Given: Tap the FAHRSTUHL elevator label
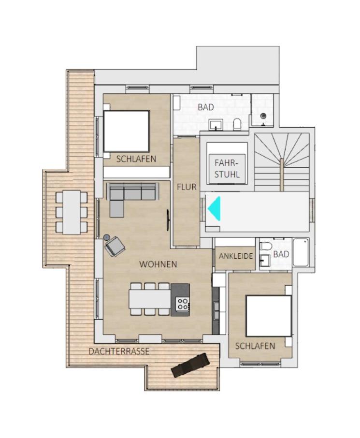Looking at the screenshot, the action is [x=227, y=168].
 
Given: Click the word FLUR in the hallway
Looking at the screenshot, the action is [x=187, y=187].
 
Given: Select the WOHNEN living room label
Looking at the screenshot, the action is [x=158, y=264].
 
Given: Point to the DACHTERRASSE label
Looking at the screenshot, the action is [x=119, y=351].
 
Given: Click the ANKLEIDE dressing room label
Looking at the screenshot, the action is [x=236, y=256].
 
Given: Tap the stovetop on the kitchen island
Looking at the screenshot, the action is [x=183, y=304].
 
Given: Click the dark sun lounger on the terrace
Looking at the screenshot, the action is [x=190, y=365].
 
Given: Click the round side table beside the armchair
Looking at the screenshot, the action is [x=106, y=237].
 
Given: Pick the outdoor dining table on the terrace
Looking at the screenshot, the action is [x=72, y=212].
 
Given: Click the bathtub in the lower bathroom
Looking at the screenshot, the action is [x=301, y=252].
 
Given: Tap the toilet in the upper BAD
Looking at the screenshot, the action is [x=237, y=124].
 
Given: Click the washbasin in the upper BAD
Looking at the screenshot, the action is [x=216, y=125].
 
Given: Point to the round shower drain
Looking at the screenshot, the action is [x=263, y=116].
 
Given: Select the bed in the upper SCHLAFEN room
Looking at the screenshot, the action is [x=126, y=131].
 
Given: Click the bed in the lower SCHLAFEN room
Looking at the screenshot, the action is [x=269, y=316].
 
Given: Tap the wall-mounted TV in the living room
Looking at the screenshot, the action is [x=168, y=220].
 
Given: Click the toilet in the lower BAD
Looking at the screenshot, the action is [x=266, y=247].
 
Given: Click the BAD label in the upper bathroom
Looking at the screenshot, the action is [x=206, y=107].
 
